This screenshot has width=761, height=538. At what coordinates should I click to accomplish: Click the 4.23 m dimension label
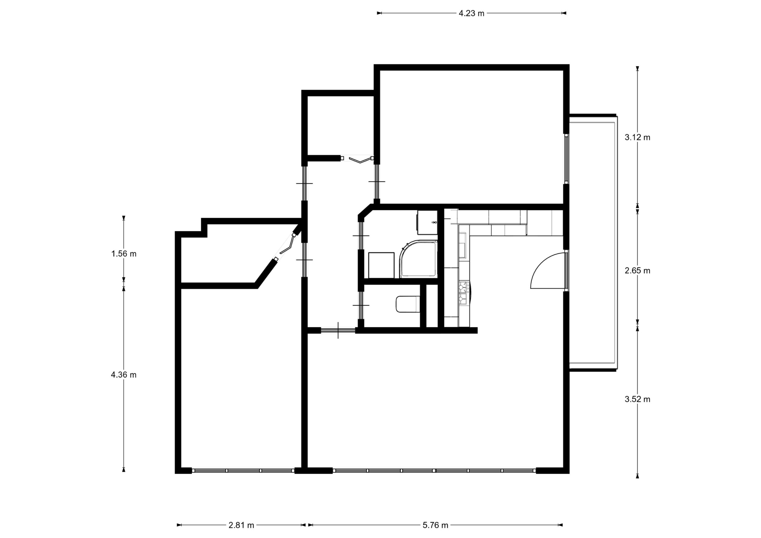(471, 13)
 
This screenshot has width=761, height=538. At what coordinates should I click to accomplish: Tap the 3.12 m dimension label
(637, 137)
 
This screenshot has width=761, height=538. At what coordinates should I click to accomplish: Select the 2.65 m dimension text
(637, 270)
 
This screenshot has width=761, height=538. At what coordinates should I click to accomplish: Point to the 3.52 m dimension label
(637, 399)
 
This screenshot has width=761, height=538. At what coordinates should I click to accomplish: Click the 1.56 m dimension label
(124, 254)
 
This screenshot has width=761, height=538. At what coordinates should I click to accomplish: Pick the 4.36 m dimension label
(124, 375)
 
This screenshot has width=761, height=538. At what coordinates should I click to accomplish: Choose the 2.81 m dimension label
(241, 525)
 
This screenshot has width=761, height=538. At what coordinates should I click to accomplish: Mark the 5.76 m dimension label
(435, 525)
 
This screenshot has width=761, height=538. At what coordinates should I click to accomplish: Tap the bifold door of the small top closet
(357, 159)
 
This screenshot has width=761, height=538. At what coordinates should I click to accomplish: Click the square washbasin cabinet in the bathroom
(381, 265)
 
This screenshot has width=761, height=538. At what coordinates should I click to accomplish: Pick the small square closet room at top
(340, 125)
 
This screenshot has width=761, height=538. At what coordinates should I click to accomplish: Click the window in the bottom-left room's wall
(243, 470)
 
